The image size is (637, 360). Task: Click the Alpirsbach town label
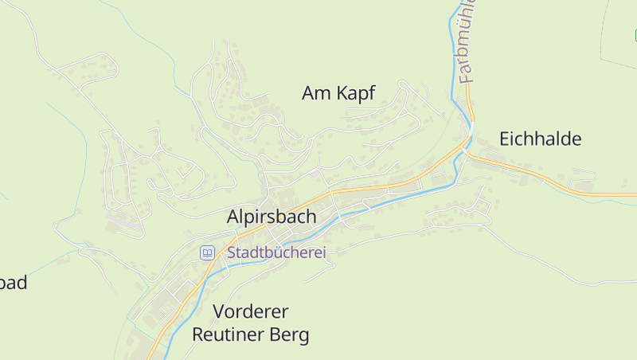(x=271, y=217)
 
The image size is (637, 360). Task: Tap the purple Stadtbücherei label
(x=276, y=252)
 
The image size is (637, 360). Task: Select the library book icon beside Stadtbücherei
(x=207, y=252)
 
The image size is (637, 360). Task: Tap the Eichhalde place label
(x=540, y=139)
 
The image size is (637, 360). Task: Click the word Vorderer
(x=251, y=311)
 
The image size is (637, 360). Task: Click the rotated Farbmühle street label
(x=467, y=44)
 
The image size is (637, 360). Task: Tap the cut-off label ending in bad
(x=14, y=283)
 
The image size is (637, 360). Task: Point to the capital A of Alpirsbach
(x=234, y=217)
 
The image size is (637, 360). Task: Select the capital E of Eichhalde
(x=505, y=139)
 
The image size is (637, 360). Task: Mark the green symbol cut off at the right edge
(x=635, y=35)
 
